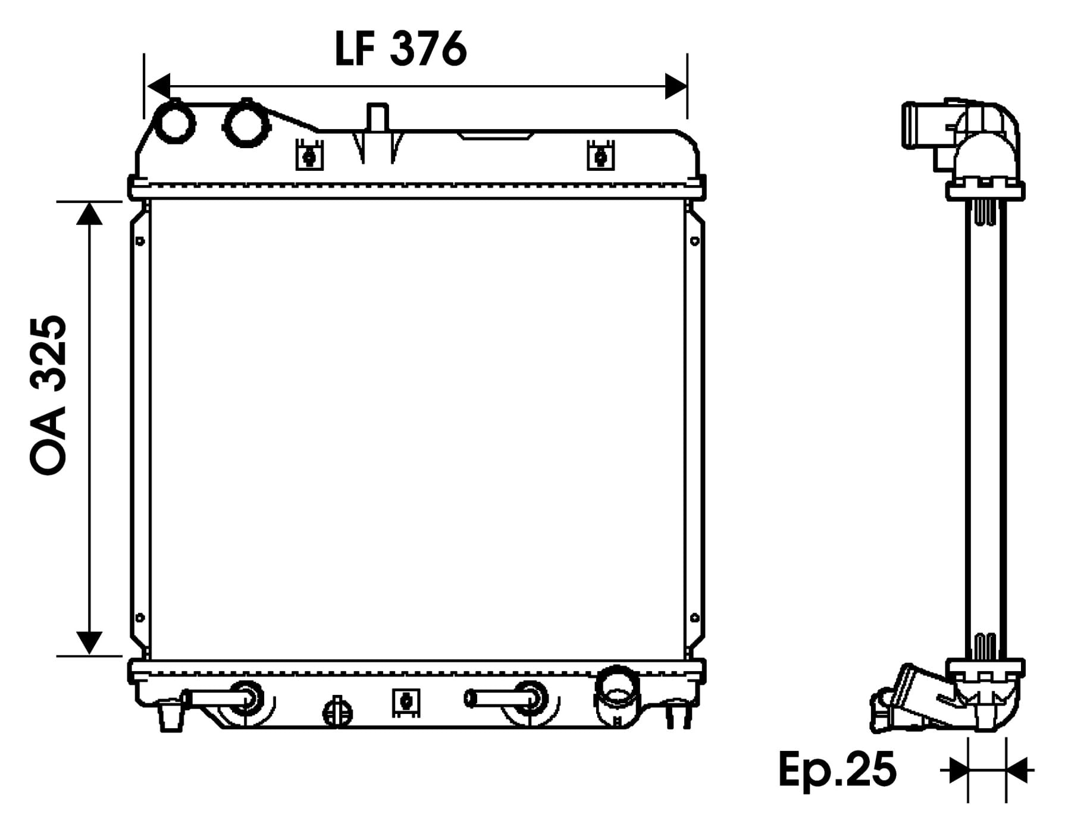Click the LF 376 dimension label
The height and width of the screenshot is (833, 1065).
click(x=401, y=48)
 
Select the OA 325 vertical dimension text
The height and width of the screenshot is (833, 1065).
click(x=48, y=394)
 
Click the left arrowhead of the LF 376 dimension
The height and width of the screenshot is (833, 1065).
click(x=159, y=86)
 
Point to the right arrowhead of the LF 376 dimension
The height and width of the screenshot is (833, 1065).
click(x=676, y=86)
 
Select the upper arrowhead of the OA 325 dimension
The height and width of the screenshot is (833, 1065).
click(x=89, y=213)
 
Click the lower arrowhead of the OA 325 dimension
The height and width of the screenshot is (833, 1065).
click(x=89, y=643)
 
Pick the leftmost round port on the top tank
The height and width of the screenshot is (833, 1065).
click(x=174, y=122)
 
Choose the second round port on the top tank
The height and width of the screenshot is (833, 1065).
click(x=246, y=123)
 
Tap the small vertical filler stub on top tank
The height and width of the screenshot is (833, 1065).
click(x=377, y=117)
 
